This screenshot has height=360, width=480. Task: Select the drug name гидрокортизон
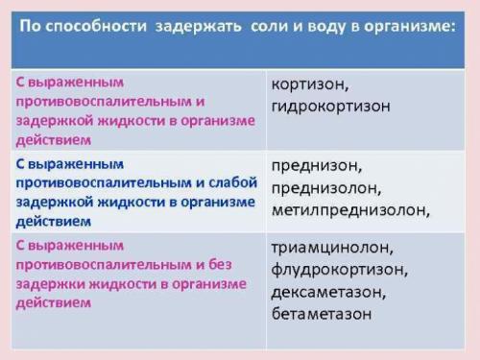tap(329, 105)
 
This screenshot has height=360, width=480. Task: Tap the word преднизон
tap(316, 165)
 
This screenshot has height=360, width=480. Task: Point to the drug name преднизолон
tap(327, 187)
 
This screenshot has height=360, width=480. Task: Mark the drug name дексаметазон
tap(331, 292)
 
